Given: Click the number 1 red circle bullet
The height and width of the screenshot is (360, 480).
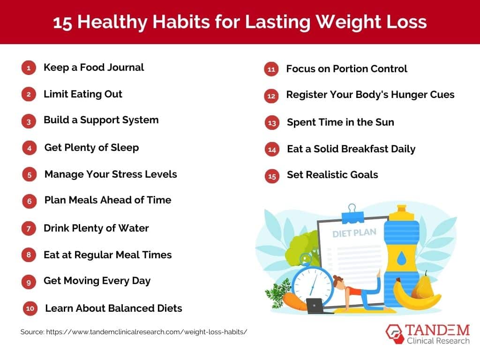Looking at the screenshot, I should (x=29, y=68).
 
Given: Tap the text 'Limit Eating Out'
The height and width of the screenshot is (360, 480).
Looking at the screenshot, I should (x=82, y=94).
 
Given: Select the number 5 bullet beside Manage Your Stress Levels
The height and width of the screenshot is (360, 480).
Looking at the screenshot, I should (x=29, y=175).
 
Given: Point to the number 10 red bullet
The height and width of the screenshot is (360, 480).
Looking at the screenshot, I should (x=30, y=308).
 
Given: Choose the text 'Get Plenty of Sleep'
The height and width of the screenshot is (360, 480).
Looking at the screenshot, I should (x=91, y=148).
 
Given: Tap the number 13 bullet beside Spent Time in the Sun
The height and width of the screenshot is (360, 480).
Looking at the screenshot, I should (x=272, y=123).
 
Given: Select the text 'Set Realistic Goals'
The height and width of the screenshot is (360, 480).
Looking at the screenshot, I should (x=332, y=175).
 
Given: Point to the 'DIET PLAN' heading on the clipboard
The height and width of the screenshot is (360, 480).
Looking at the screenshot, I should (x=354, y=233).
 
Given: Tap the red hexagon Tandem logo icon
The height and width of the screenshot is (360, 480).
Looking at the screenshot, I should (x=394, y=334).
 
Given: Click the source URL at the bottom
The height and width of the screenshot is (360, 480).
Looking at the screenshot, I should (x=134, y=332).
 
